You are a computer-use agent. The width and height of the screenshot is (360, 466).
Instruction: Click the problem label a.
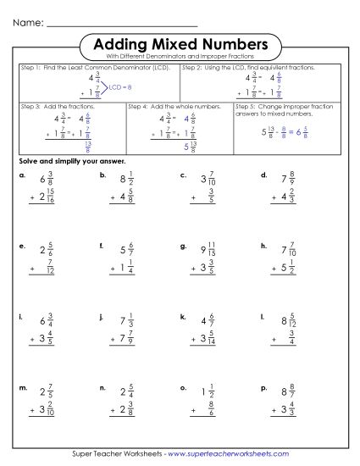coord(21,175)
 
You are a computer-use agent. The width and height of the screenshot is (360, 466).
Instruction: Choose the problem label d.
coord(264,175)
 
